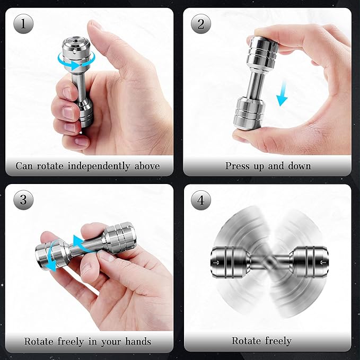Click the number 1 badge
point(24,24)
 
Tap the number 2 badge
point(201,24)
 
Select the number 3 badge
point(24,200)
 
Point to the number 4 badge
point(201,200)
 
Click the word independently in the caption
point(102,166)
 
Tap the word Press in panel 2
point(237,166)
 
